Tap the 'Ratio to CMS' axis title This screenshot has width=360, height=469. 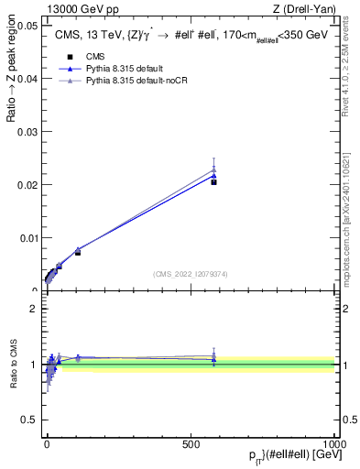12,364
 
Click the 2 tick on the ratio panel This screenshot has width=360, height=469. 32,309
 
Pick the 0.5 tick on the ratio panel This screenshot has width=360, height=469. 28,420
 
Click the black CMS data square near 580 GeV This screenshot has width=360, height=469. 213,182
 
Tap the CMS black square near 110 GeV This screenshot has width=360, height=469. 78,252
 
